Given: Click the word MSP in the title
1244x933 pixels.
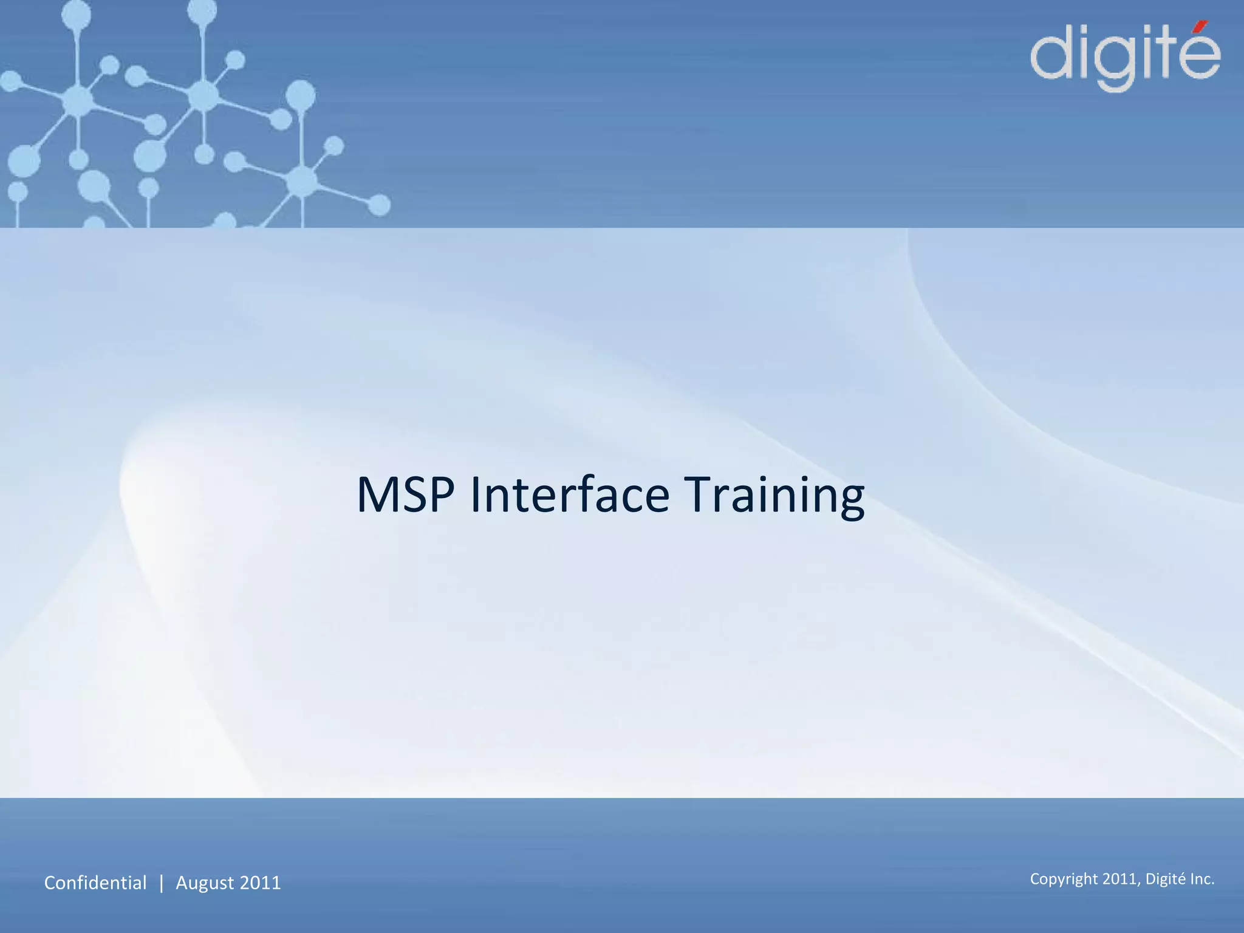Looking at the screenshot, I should tap(405, 495).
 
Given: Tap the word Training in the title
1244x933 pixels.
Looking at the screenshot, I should tap(774, 495).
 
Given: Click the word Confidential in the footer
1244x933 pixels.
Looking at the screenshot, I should tap(95, 883).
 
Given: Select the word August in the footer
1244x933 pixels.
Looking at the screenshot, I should tap(205, 883).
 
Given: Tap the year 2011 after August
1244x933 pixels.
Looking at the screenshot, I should tap(261, 883).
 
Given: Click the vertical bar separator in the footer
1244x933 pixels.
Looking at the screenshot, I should tap(161, 883).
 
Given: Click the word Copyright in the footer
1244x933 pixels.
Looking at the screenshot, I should tap(1064, 880).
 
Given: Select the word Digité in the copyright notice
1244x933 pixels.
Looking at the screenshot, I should tap(1165, 879).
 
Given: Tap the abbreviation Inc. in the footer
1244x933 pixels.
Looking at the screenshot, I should tap(1202, 879).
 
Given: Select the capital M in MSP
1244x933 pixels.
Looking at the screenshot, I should tap(377, 495).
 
